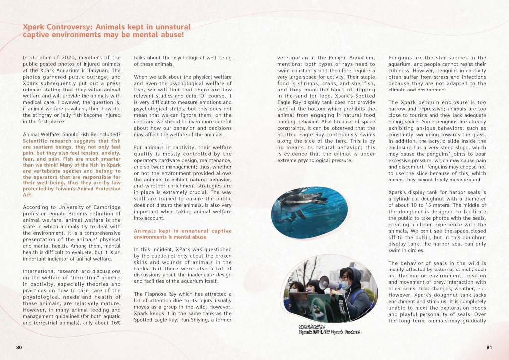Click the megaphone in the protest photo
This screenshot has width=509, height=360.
coord(325,282)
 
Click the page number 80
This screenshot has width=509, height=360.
coord(19,347)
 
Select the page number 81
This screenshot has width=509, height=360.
coord(489,347)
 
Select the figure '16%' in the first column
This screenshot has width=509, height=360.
coord(115,323)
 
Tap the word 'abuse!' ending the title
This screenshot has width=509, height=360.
coord(170,35)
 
